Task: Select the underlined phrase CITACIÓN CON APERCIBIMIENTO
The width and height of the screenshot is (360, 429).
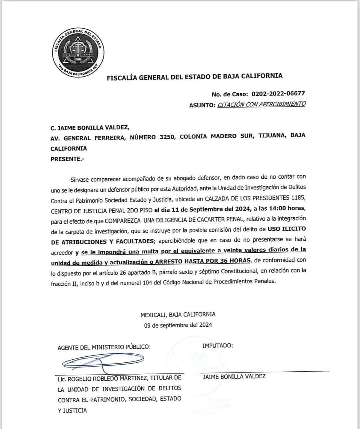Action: pyautogui.click(x=261, y=104)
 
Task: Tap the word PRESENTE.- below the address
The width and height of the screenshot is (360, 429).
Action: pyautogui.click(x=67, y=159)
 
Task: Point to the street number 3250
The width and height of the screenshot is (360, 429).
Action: pyautogui.click(x=165, y=137)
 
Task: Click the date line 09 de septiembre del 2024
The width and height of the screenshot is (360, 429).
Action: pyautogui.click(x=178, y=325)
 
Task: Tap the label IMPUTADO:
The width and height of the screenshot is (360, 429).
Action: pyautogui.click(x=218, y=345)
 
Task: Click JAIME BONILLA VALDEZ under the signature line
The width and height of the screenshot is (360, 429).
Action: pyautogui.click(x=234, y=376)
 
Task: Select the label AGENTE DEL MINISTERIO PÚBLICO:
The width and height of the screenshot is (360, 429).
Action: pyautogui.click(x=104, y=347)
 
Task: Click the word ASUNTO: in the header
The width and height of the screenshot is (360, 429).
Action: pyautogui.click(x=202, y=105)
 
